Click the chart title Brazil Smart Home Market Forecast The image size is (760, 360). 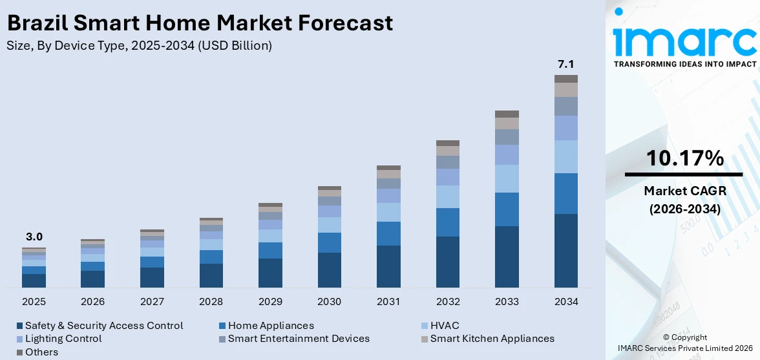(199, 23)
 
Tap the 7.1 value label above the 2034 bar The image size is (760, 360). (566, 64)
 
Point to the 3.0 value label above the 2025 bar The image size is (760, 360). (34, 237)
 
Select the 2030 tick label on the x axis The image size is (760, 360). (330, 302)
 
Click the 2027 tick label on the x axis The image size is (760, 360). (152, 302)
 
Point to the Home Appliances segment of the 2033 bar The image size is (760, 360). (507, 209)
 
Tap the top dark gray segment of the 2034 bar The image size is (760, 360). (566, 79)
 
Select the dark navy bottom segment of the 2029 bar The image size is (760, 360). (270, 273)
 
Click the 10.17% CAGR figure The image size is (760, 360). (684, 158)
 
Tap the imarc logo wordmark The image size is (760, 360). (684, 40)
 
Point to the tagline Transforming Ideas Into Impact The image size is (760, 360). (684, 65)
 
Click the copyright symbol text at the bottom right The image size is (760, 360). (684, 337)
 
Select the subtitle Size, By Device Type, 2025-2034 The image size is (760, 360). (139, 46)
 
